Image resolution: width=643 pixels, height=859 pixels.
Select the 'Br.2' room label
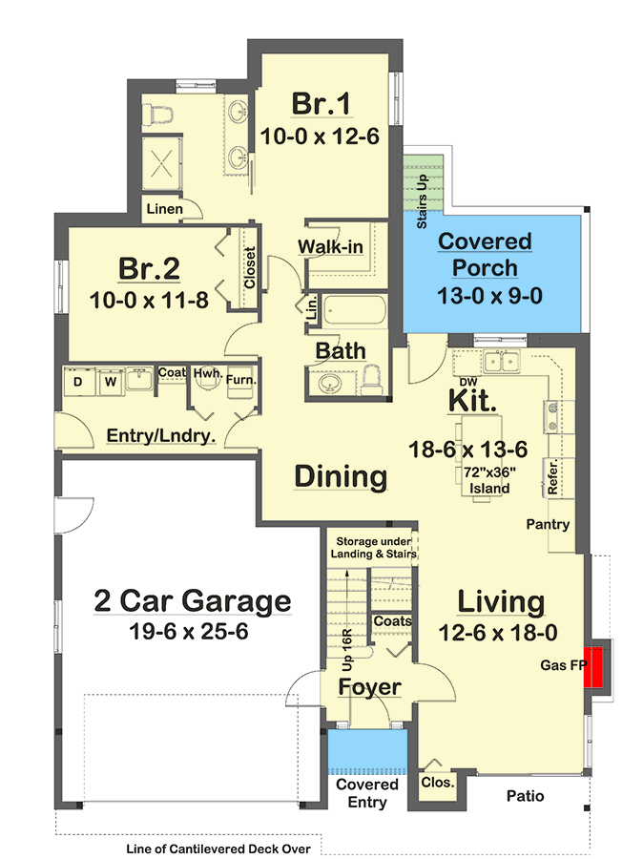150,267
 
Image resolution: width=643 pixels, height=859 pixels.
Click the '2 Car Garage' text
192,601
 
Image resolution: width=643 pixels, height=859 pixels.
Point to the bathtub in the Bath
351,312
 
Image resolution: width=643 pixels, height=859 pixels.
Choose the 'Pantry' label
549,524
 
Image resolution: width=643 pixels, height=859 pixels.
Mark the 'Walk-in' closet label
330,247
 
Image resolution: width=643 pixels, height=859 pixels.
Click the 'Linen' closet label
163,209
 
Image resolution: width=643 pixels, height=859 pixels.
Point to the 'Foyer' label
369,687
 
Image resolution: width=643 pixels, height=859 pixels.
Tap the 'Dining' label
340,476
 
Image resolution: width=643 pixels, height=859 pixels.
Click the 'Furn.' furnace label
239,382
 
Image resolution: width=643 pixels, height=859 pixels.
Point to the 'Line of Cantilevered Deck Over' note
225,848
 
